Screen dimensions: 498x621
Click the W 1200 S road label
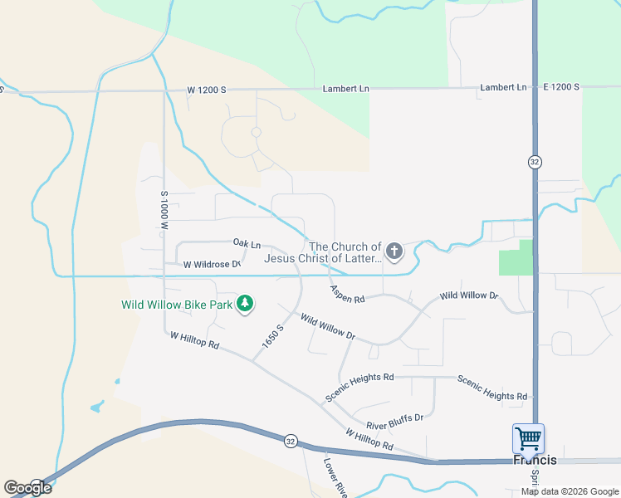pos(206,90)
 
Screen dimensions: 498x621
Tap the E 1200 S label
pos(564,87)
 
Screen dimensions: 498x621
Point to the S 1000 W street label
pos(164,210)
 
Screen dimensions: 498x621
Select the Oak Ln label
pos(247,244)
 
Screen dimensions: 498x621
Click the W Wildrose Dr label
pos(212,265)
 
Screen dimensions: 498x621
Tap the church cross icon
pos(394,251)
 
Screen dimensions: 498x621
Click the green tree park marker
pos(244,305)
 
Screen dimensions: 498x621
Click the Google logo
pos(27,487)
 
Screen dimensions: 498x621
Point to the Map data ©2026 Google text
pos(570,491)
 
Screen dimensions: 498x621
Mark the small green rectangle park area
pos(515,259)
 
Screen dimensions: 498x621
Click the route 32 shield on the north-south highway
pos(535,163)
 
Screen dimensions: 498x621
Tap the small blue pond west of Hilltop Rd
pos(97,407)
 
